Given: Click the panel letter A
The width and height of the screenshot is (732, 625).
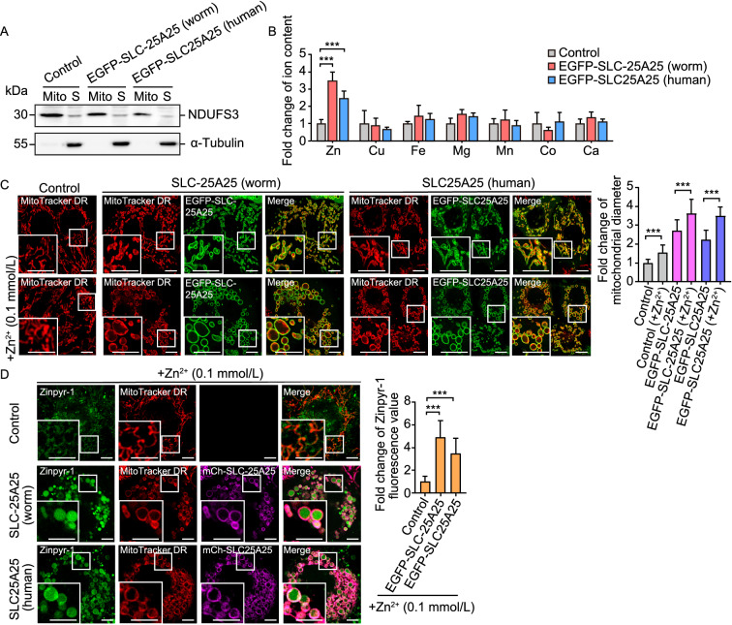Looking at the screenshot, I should pos(8,8).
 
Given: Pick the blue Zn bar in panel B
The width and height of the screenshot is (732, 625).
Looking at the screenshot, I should pos(344,111).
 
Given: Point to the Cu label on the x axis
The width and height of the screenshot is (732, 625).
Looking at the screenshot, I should pos(377,151).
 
